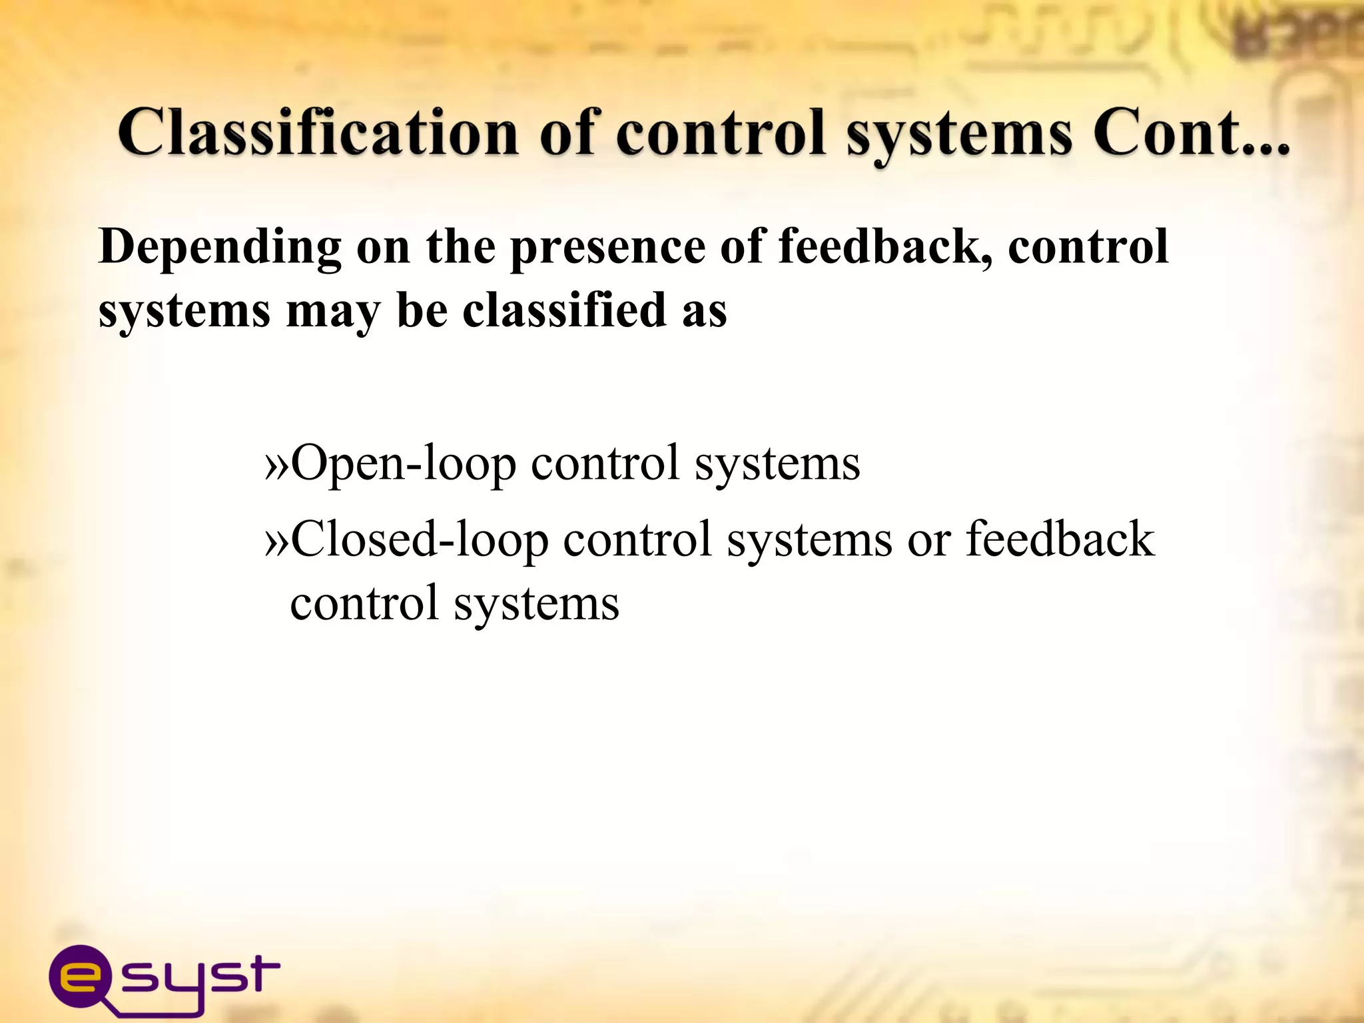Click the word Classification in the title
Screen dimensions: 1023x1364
pos(318,133)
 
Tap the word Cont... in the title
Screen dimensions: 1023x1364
pos(1190,133)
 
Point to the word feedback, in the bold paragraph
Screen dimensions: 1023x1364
pos(885,246)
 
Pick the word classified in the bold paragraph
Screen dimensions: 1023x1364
pos(565,310)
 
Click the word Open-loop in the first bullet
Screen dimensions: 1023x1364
pos(404,463)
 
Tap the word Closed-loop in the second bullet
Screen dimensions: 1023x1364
pos(420,539)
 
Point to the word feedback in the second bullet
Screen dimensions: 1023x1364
pos(1060,539)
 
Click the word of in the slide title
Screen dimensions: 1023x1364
pos(567,133)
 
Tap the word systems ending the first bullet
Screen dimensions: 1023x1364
pos(777,464)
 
